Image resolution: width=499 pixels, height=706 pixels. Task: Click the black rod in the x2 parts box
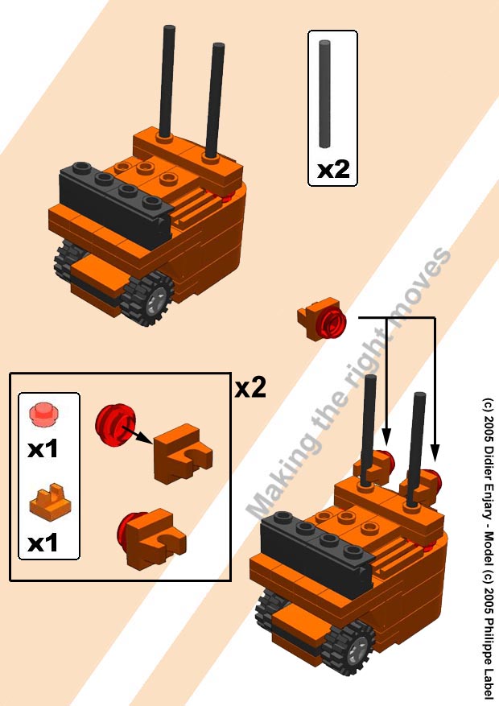(x=324, y=93)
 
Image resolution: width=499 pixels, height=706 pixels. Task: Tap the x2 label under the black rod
(x=333, y=170)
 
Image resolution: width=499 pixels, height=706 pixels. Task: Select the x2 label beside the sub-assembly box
(x=250, y=387)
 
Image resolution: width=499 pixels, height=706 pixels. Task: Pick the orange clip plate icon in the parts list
(x=51, y=502)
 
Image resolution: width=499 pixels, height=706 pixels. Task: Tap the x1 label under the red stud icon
(x=43, y=449)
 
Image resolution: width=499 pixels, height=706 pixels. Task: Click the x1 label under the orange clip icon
(x=43, y=543)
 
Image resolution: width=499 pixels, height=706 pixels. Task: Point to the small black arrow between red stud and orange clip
(x=136, y=435)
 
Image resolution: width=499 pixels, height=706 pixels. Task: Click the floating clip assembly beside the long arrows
(x=321, y=318)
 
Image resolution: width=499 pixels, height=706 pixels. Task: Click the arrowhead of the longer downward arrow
(x=435, y=452)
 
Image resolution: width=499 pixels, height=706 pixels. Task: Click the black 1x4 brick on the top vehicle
(x=115, y=203)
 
